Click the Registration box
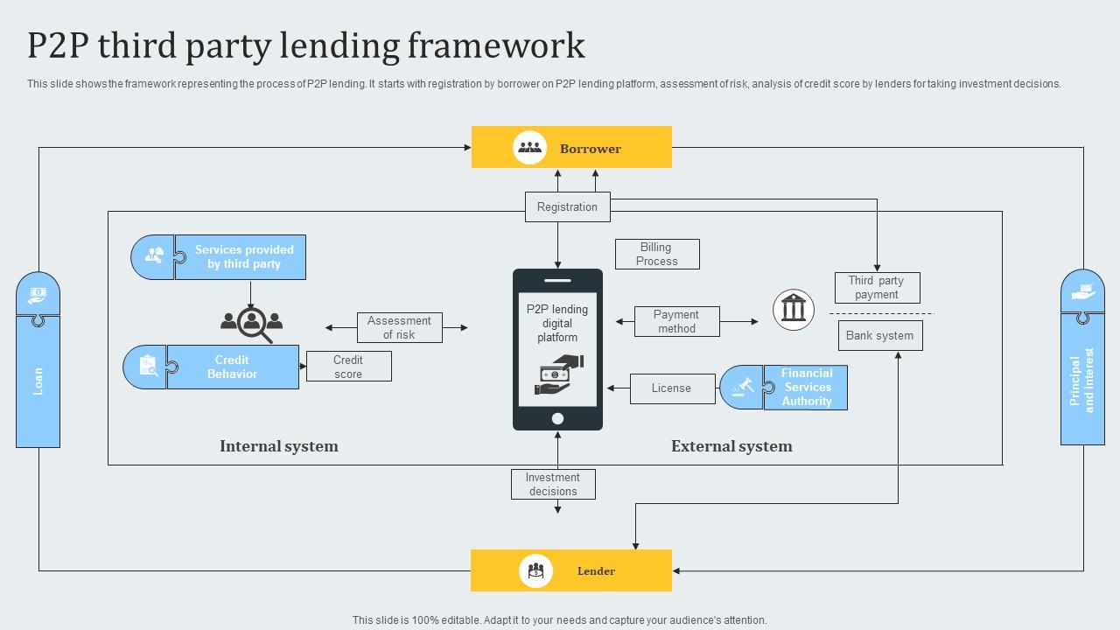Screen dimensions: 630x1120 tap(567, 207)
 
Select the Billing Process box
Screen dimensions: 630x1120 tap(657, 255)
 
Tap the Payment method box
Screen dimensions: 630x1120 tap(675, 321)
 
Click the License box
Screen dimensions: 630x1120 tap(671, 388)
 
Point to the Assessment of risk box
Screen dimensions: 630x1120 tap(399, 328)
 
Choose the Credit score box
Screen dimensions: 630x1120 tap(348, 367)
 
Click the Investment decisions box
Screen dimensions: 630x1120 tap(553, 485)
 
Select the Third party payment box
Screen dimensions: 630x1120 tap(877, 288)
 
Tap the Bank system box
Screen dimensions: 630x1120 tap(879, 336)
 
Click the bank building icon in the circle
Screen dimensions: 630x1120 tap(794, 309)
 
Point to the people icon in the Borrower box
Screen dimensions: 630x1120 tap(529, 148)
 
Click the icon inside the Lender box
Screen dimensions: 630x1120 tap(535, 571)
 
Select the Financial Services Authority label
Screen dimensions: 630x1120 tap(806, 388)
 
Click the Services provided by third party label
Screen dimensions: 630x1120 tap(243, 257)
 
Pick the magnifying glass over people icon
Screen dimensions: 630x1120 tap(251, 324)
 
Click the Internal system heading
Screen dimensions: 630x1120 tap(278, 446)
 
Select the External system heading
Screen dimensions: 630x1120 tap(731, 446)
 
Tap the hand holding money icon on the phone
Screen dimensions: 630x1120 tap(557, 374)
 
